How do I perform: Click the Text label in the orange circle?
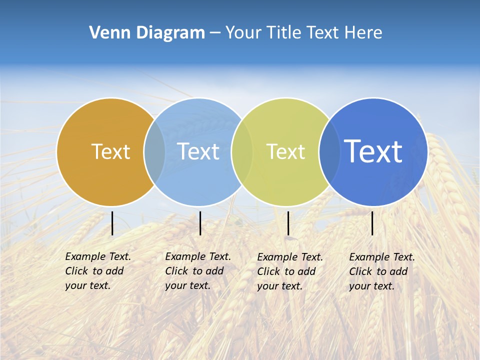point(110,151)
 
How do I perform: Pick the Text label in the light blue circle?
point(198,151)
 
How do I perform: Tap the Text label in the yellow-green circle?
point(285,151)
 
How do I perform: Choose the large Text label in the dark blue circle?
point(373,151)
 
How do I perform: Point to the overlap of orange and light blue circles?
point(154,152)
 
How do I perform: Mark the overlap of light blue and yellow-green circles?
point(242,152)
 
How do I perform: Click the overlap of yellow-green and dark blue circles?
point(329,152)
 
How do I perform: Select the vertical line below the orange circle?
point(112,223)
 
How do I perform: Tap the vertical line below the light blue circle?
point(200,223)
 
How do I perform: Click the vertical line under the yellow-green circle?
point(288,223)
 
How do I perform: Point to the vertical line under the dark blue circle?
point(372,223)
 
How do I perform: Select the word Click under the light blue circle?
point(176,271)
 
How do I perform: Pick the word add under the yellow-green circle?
point(307,271)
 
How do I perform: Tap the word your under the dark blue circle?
point(359,286)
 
